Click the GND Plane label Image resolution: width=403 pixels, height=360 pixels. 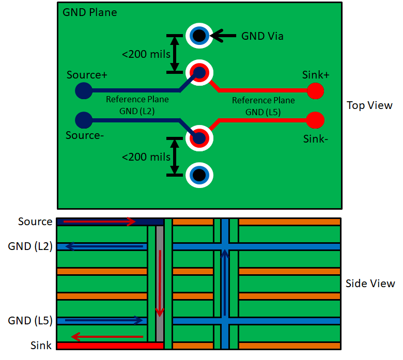(x=89, y=12)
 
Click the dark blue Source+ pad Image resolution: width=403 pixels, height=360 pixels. (x=83, y=91)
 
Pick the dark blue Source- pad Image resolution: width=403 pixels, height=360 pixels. (x=83, y=120)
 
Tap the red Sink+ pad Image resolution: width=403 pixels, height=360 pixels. (x=315, y=91)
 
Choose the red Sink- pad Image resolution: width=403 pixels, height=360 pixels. (x=315, y=120)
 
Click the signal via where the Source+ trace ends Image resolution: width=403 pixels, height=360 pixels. (x=199, y=72)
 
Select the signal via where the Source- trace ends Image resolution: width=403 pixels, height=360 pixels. (x=199, y=138)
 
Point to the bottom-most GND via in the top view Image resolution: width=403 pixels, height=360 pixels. (x=199, y=175)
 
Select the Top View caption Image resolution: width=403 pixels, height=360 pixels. (x=369, y=105)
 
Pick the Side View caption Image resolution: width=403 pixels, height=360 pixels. (x=370, y=284)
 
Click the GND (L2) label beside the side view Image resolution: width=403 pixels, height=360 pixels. (x=30, y=246)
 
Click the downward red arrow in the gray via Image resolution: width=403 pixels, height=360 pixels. (x=160, y=283)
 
